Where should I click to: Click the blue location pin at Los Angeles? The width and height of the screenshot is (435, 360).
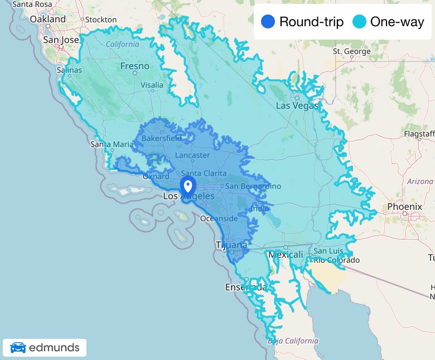[x=188, y=186]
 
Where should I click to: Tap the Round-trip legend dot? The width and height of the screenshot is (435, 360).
[x=268, y=22]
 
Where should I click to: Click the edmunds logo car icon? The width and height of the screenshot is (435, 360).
[x=18, y=348]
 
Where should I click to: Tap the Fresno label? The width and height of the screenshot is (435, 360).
[x=135, y=66]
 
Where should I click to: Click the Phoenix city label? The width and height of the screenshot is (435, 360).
[x=404, y=207]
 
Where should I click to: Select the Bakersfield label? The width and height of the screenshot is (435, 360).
[x=162, y=138]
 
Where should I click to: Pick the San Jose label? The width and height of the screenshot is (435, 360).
[x=61, y=40]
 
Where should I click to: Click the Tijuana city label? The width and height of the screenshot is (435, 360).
[x=231, y=245]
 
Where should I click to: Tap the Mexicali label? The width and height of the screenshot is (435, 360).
[x=286, y=255]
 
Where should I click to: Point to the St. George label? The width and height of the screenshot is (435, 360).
[x=351, y=52]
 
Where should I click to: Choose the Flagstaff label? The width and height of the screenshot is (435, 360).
[x=419, y=134]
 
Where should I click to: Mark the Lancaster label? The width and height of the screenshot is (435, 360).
[x=192, y=155]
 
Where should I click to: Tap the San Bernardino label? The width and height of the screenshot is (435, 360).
[x=253, y=186]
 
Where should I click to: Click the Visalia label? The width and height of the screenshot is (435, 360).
[x=152, y=85]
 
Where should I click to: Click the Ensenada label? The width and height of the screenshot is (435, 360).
[x=245, y=287]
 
